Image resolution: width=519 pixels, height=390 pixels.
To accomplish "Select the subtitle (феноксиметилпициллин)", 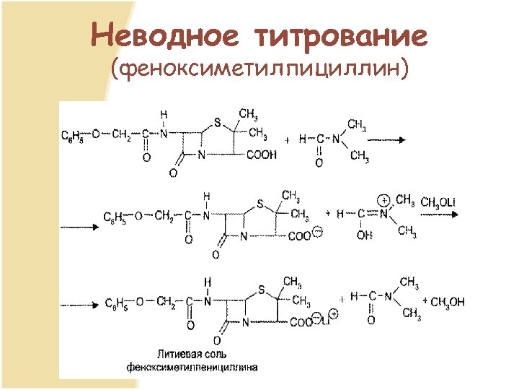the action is tap(259, 69).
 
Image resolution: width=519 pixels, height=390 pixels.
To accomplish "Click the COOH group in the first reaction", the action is tap(261, 155).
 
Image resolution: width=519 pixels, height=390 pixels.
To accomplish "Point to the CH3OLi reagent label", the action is tap(438, 201).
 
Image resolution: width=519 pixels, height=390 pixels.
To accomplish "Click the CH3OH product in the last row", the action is tap(448, 301).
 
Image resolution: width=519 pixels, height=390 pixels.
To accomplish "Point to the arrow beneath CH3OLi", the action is tap(440, 214).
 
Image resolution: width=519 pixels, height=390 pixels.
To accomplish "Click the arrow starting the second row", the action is tap(80, 226).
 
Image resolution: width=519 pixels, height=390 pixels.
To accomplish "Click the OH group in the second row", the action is tap(363, 235).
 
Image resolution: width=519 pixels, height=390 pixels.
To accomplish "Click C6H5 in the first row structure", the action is tap(72, 135).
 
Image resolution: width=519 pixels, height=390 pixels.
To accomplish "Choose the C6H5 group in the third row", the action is tap(116, 302).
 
